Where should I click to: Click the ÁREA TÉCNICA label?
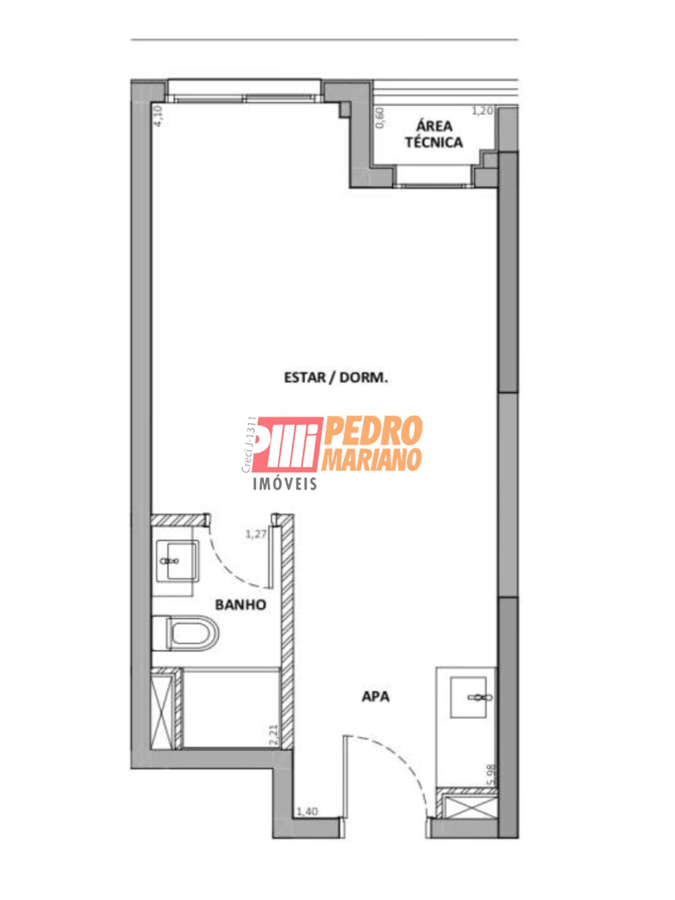(x=434, y=134)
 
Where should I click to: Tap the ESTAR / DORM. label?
(x=336, y=377)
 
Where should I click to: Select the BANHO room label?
(x=240, y=604)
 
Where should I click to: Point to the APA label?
(x=376, y=697)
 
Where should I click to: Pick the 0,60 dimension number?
(x=381, y=118)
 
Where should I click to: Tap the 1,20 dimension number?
(x=482, y=111)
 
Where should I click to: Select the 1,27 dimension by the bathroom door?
(x=256, y=534)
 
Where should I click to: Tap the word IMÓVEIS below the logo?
(x=285, y=484)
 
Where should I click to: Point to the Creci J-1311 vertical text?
(x=248, y=445)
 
